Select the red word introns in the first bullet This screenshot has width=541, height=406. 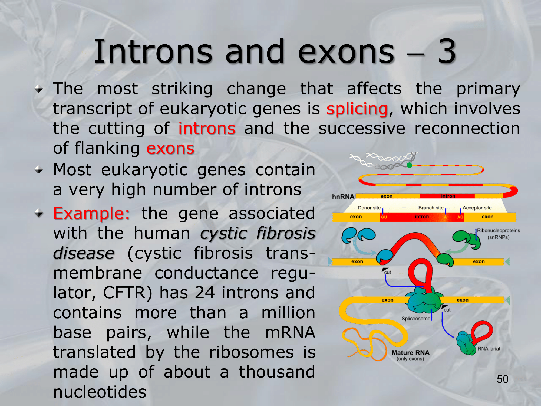pos(207,128)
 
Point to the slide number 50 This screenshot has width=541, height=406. pos(503,379)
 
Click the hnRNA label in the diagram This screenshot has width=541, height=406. pos(343,197)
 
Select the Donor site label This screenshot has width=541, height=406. pos(369,208)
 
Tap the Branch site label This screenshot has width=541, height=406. pos(431,208)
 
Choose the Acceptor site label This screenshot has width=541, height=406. pos(477,208)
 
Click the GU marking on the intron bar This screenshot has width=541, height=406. pos(384,217)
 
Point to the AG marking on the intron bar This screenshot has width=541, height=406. pos(460,217)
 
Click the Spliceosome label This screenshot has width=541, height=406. pos(416,319)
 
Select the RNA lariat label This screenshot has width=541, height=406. pos(489,349)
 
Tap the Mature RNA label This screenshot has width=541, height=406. pos(411,353)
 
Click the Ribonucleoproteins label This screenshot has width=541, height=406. pos(498,230)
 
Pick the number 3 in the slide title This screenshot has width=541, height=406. pos(447,51)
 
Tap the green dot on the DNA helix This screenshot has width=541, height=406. pos(410,165)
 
